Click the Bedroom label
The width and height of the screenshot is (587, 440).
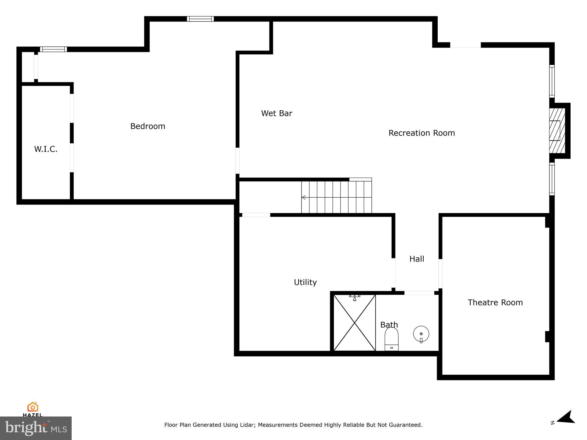tap(148, 126)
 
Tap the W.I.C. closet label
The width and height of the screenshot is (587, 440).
tap(46, 149)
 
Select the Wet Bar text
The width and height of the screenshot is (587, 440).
tap(277, 113)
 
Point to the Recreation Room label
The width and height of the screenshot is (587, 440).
tap(422, 133)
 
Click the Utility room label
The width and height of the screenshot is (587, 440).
tap(305, 282)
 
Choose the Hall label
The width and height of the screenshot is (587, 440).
tap(417, 259)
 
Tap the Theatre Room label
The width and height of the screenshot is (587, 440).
tap(495, 302)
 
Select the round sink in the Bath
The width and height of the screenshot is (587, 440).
tap(421, 334)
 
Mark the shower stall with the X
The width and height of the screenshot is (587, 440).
tap(355, 323)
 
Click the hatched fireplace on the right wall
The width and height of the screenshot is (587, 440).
tap(557, 131)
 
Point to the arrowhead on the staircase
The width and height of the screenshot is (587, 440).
tap(303, 197)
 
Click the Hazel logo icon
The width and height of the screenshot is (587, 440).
tap(33, 407)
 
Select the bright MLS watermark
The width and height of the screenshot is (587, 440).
tap(36, 428)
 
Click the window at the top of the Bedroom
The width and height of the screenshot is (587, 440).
tap(200, 19)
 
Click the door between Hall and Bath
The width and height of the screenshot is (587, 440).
tap(419, 293)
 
